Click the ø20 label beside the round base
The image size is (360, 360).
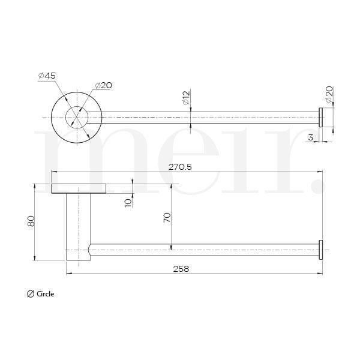click(x=103, y=85)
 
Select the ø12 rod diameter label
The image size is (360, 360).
click(x=186, y=97)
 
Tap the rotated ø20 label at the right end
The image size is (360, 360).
click(x=329, y=94)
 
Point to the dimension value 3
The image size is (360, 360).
click(x=310, y=138)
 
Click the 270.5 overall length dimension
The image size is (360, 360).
click(x=180, y=167)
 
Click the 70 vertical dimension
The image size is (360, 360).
click(x=167, y=217)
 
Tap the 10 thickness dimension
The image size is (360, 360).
click(x=127, y=202)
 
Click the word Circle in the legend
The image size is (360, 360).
click(x=45, y=294)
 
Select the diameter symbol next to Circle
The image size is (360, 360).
click(x=30, y=294)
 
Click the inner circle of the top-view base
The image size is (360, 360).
click(x=76, y=116)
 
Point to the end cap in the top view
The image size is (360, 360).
click(x=320, y=117)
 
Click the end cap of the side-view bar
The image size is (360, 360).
click(x=320, y=249)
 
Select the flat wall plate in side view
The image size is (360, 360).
click(x=79, y=188)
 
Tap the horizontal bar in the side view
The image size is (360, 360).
click(x=204, y=249)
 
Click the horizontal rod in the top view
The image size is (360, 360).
click(x=204, y=117)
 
